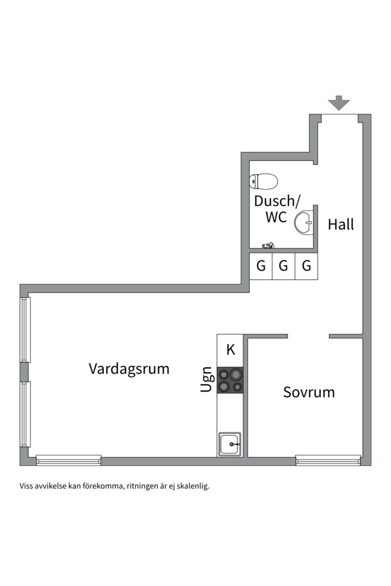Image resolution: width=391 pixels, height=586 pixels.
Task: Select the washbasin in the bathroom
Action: (305, 221)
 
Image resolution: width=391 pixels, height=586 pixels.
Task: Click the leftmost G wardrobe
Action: (261, 266)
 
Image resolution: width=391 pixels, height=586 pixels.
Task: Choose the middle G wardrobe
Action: (283, 266)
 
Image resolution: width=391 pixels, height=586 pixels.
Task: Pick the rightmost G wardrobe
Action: (306, 266)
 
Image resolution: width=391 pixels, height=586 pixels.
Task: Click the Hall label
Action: (340, 224)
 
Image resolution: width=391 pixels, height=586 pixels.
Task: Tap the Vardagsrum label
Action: (129, 369)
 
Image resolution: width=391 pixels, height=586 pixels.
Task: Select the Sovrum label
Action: (308, 392)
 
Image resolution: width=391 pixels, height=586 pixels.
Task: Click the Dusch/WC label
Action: (276, 209)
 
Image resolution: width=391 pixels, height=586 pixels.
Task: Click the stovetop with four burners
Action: (230, 380)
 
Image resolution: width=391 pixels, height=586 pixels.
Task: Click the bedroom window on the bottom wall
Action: (328, 461)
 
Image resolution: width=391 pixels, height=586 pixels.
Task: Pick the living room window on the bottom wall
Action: (69, 461)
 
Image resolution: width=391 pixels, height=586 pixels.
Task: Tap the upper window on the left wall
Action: (25, 329)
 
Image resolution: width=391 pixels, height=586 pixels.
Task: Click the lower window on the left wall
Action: (25, 414)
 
